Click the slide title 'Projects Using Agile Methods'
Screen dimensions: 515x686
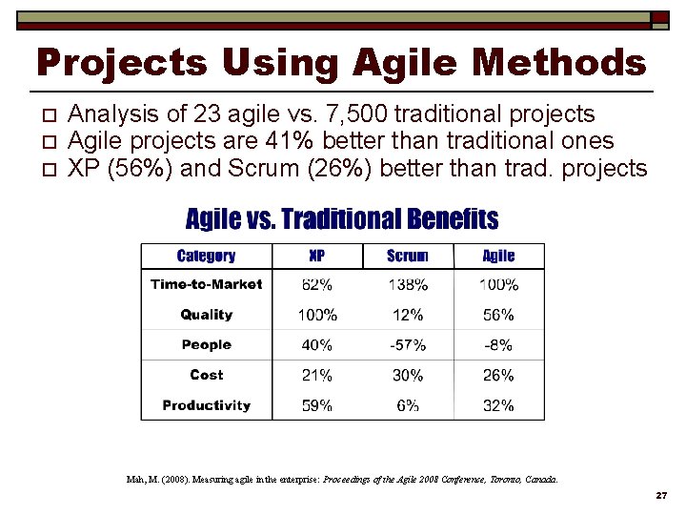coord(341,63)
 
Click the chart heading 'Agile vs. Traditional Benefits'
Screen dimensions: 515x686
coord(341,220)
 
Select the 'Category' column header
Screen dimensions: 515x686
coord(206,256)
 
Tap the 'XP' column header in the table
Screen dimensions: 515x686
coord(317,256)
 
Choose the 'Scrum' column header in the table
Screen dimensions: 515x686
coord(408,256)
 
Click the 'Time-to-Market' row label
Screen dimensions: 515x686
coord(206,284)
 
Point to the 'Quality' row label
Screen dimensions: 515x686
coord(206,315)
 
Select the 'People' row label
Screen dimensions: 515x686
coord(206,345)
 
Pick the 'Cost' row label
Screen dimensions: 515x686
coord(206,375)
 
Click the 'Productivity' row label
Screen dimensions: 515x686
coord(206,405)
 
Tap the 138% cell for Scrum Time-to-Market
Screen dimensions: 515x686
coord(408,284)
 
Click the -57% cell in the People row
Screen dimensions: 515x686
coord(408,345)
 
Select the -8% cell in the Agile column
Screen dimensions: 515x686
coord(498,345)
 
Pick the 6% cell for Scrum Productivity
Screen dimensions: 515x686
coord(408,405)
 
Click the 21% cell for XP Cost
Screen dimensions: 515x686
coord(317,375)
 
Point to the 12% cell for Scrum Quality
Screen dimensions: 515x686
coord(408,315)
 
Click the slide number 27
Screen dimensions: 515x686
coord(660,497)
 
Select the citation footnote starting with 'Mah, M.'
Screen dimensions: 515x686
coord(342,479)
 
